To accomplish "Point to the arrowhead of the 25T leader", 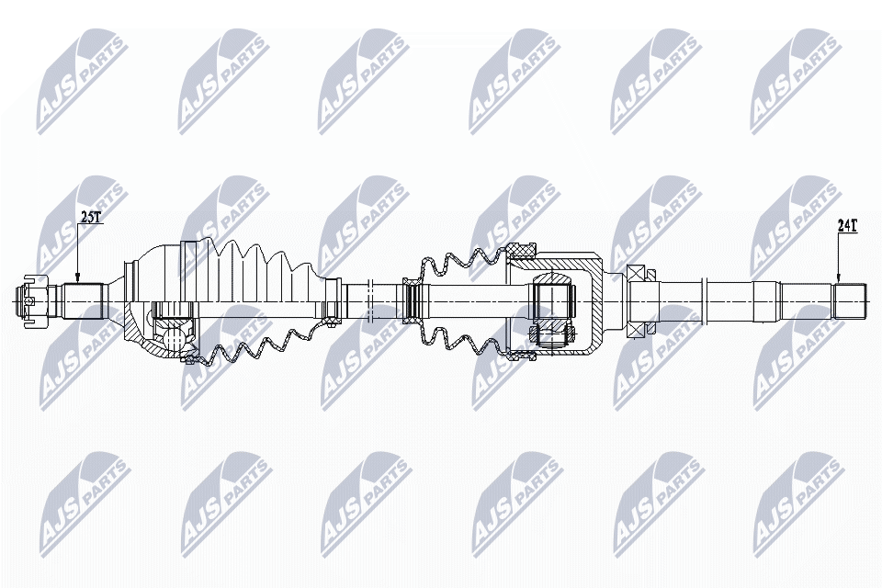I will (x=78, y=279).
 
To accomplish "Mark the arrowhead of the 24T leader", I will (x=838, y=279).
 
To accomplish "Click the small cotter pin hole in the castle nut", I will (x=30, y=299).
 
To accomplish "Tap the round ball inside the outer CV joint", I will (x=170, y=334).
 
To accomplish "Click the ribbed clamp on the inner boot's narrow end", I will (x=412, y=299).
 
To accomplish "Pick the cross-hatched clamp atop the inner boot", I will (x=522, y=248).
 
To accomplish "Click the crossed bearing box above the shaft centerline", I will (x=637, y=274).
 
